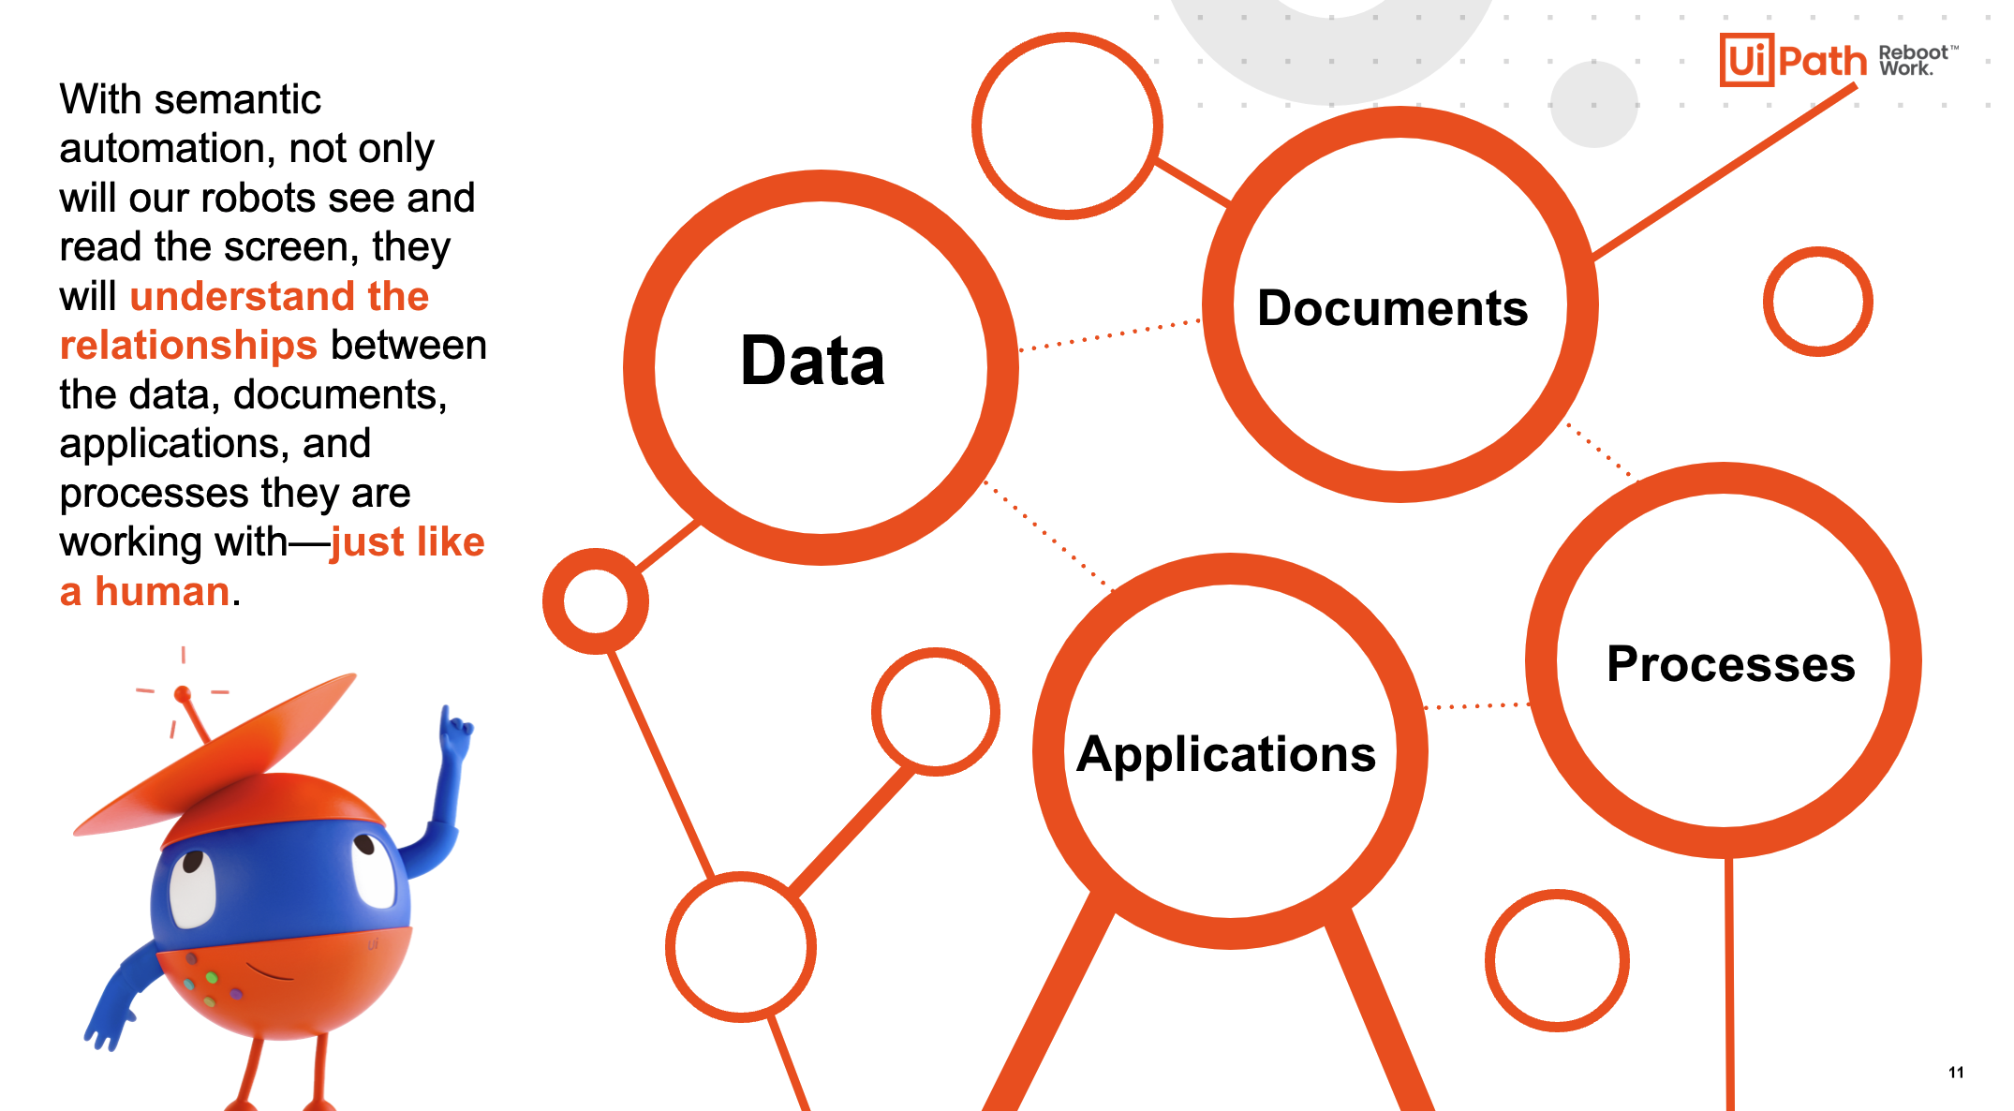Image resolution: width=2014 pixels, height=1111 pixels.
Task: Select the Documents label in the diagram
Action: (x=1392, y=308)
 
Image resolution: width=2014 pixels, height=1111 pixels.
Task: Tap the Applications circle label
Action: (x=1226, y=754)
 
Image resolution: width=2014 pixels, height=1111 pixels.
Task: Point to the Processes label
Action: (x=1730, y=664)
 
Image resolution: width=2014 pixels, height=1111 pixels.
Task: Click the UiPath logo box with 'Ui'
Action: (x=1746, y=60)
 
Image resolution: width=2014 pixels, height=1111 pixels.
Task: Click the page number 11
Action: (x=1956, y=1073)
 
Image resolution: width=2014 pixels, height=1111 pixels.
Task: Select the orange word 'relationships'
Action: (x=188, y=345)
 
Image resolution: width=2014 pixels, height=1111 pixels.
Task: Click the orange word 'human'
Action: (x=162, y=591)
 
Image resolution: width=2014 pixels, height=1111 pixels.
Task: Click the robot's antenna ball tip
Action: (x=183, y=694)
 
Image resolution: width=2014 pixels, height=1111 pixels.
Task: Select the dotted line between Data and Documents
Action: (x=1110, y=335)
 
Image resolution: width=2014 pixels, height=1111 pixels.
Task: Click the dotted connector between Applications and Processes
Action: (x=1477, y=705)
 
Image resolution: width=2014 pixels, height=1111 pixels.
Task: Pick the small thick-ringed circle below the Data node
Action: (x=596, y=601)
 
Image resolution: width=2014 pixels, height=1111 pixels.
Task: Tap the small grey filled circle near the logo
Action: (x=1593, y=104)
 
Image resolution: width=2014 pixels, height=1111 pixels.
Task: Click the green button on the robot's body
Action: (x=212, y=978)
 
